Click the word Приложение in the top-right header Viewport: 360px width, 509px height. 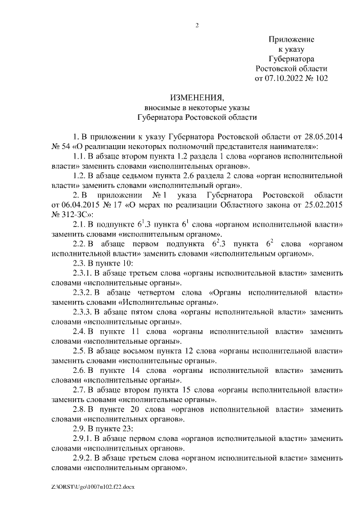[291, 39]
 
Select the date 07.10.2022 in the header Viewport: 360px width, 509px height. [283, 78]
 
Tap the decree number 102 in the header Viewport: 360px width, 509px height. [321, 78]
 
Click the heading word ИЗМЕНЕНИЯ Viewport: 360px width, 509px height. [197, 97]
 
